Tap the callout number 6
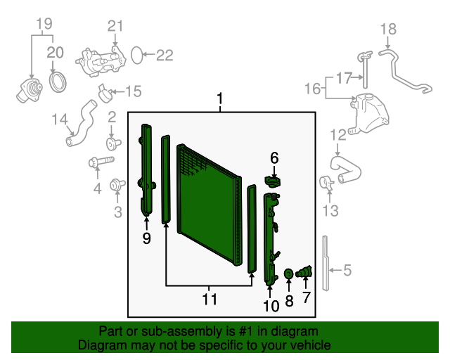click(x=274, y=158)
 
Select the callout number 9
click(x=146, y=238)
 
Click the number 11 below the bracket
click(x=209, y=300)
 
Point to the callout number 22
click(x=164, y=55)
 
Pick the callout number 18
click(x=389, y=29)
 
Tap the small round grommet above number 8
click(x=288, y=273)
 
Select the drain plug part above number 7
click(x=305, y=271)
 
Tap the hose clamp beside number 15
click(x=104, y=90)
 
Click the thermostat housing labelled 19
click(x=30, y=91)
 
